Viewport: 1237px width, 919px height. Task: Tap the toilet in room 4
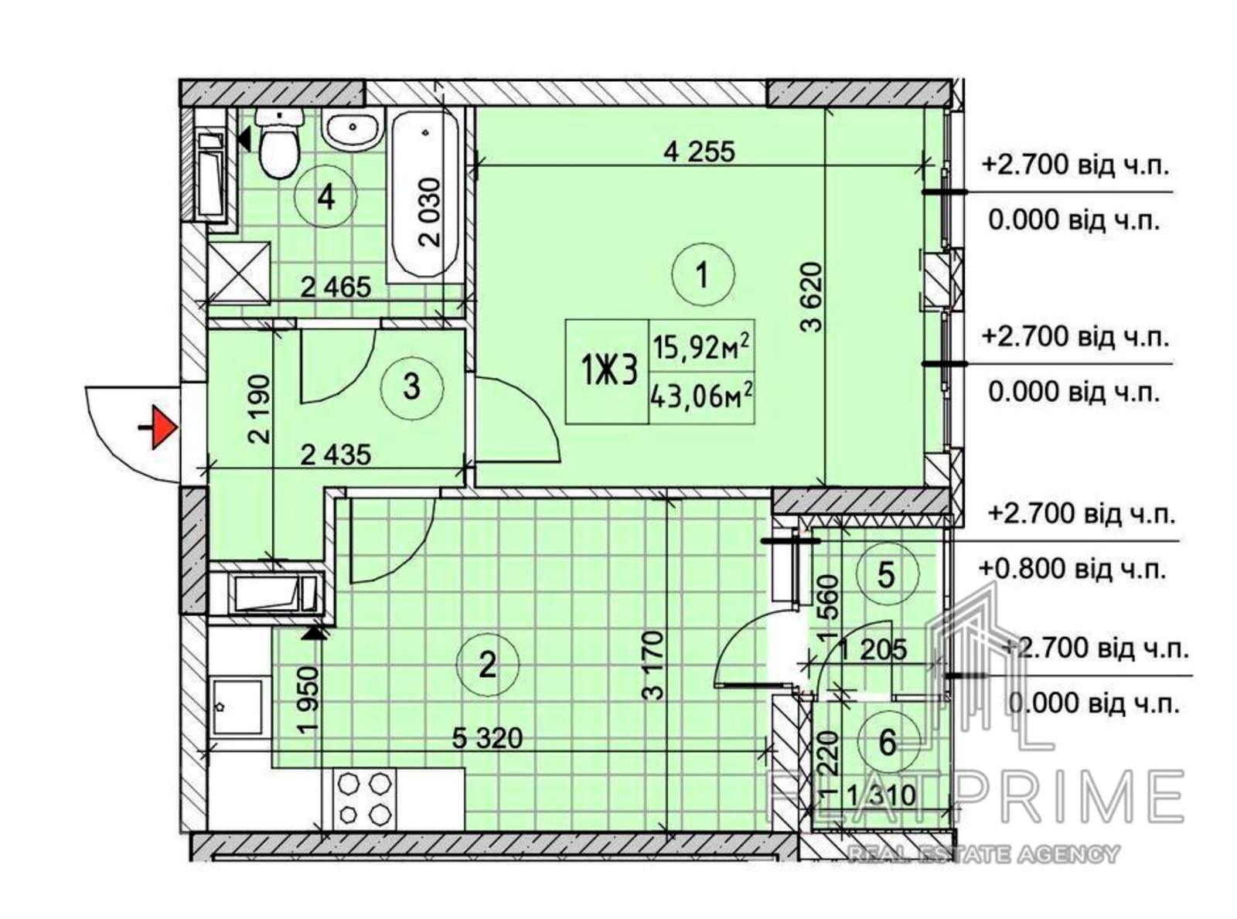click(x=279, y=143)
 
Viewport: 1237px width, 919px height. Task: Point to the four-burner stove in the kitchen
click(x=365, y=798)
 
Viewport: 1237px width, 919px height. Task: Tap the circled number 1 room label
click(x=703, y=274)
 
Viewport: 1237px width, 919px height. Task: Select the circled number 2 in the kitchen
click(x=487, y=664)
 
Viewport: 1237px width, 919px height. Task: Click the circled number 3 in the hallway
click(x=411, y=387)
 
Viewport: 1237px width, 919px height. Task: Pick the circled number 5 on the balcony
click(x=886, y=574)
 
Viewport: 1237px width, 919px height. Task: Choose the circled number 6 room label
click(x=887, y=743)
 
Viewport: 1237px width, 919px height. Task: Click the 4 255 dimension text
click(x=700, y=151)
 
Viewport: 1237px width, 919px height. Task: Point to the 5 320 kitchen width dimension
click(x=487, y=739)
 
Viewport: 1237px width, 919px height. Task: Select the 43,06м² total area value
click(x=701, y=398)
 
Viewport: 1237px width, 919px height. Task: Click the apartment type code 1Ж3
click(x=608, y=372)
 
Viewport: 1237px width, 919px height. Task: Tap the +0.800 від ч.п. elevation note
click(x=1072, y=570)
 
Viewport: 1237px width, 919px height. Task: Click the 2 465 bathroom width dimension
click(x=336, y=288)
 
